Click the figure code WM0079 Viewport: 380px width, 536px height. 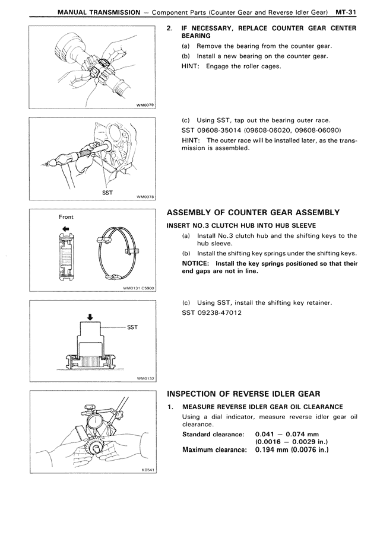click(x=145, y=105)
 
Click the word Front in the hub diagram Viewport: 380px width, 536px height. click(x=66, y=217)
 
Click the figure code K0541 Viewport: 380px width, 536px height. click(x=148, y=471)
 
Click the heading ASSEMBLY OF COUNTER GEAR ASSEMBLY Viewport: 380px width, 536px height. click(x=254, y=212)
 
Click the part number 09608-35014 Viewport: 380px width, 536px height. click(x=224, y=130)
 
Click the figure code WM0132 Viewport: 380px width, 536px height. click(x=145, y=378)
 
